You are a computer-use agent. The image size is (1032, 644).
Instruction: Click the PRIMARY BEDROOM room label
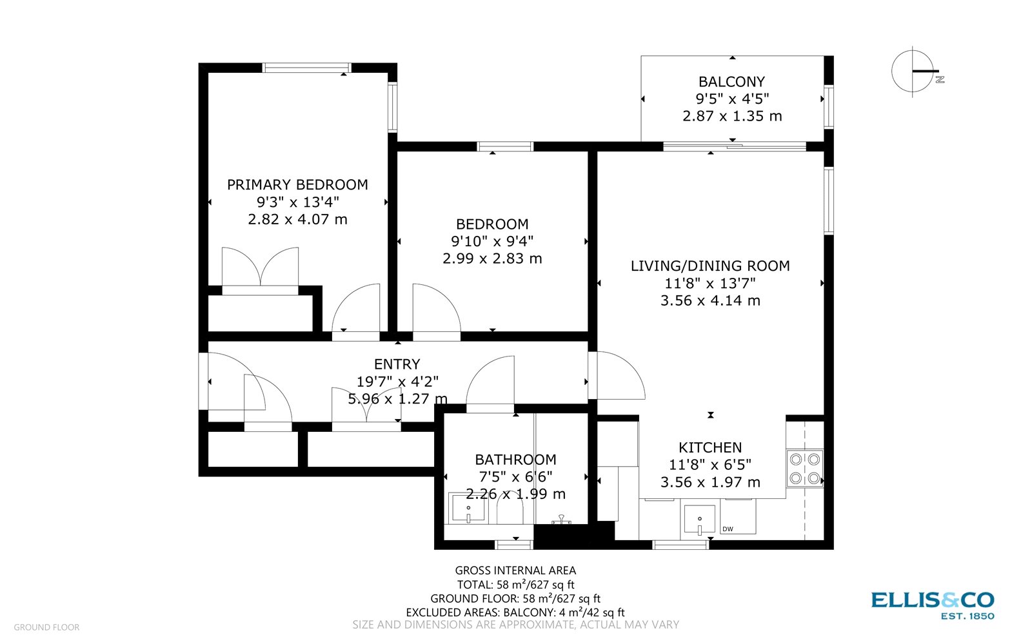[x=297, y=184]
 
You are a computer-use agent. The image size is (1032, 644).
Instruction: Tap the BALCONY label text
[x=731, y=82]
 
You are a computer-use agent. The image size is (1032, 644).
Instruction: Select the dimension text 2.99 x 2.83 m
[x=492, y=259]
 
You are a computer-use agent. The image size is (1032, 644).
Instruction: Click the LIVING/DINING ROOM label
[x=710, y=266]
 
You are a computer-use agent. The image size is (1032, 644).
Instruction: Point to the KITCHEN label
[x=710, y=447]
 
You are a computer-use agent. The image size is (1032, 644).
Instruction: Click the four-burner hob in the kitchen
[x=805, y=469]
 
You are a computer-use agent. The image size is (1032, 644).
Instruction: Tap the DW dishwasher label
[x=728, y=529]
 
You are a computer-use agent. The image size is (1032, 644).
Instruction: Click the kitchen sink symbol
[x=700, y=520]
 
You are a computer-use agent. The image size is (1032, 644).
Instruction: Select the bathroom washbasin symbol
[x=468, y=509]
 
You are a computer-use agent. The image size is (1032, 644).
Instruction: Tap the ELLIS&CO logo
[x=932, y=600]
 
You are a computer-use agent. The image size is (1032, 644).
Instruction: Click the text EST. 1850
[x=967, y=616]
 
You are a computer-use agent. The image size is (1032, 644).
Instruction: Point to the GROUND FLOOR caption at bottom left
[x=46, y=627]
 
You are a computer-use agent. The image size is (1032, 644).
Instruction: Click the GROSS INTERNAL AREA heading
[x=515, y=571]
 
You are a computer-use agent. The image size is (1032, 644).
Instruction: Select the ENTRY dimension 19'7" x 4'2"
[x=397, y=382]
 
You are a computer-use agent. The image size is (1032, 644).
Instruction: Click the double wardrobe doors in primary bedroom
[x=260, y=268]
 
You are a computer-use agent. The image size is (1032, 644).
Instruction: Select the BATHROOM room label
[x=515, y=460]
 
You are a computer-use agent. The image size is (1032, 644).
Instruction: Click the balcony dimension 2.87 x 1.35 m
[x=732, y=116]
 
